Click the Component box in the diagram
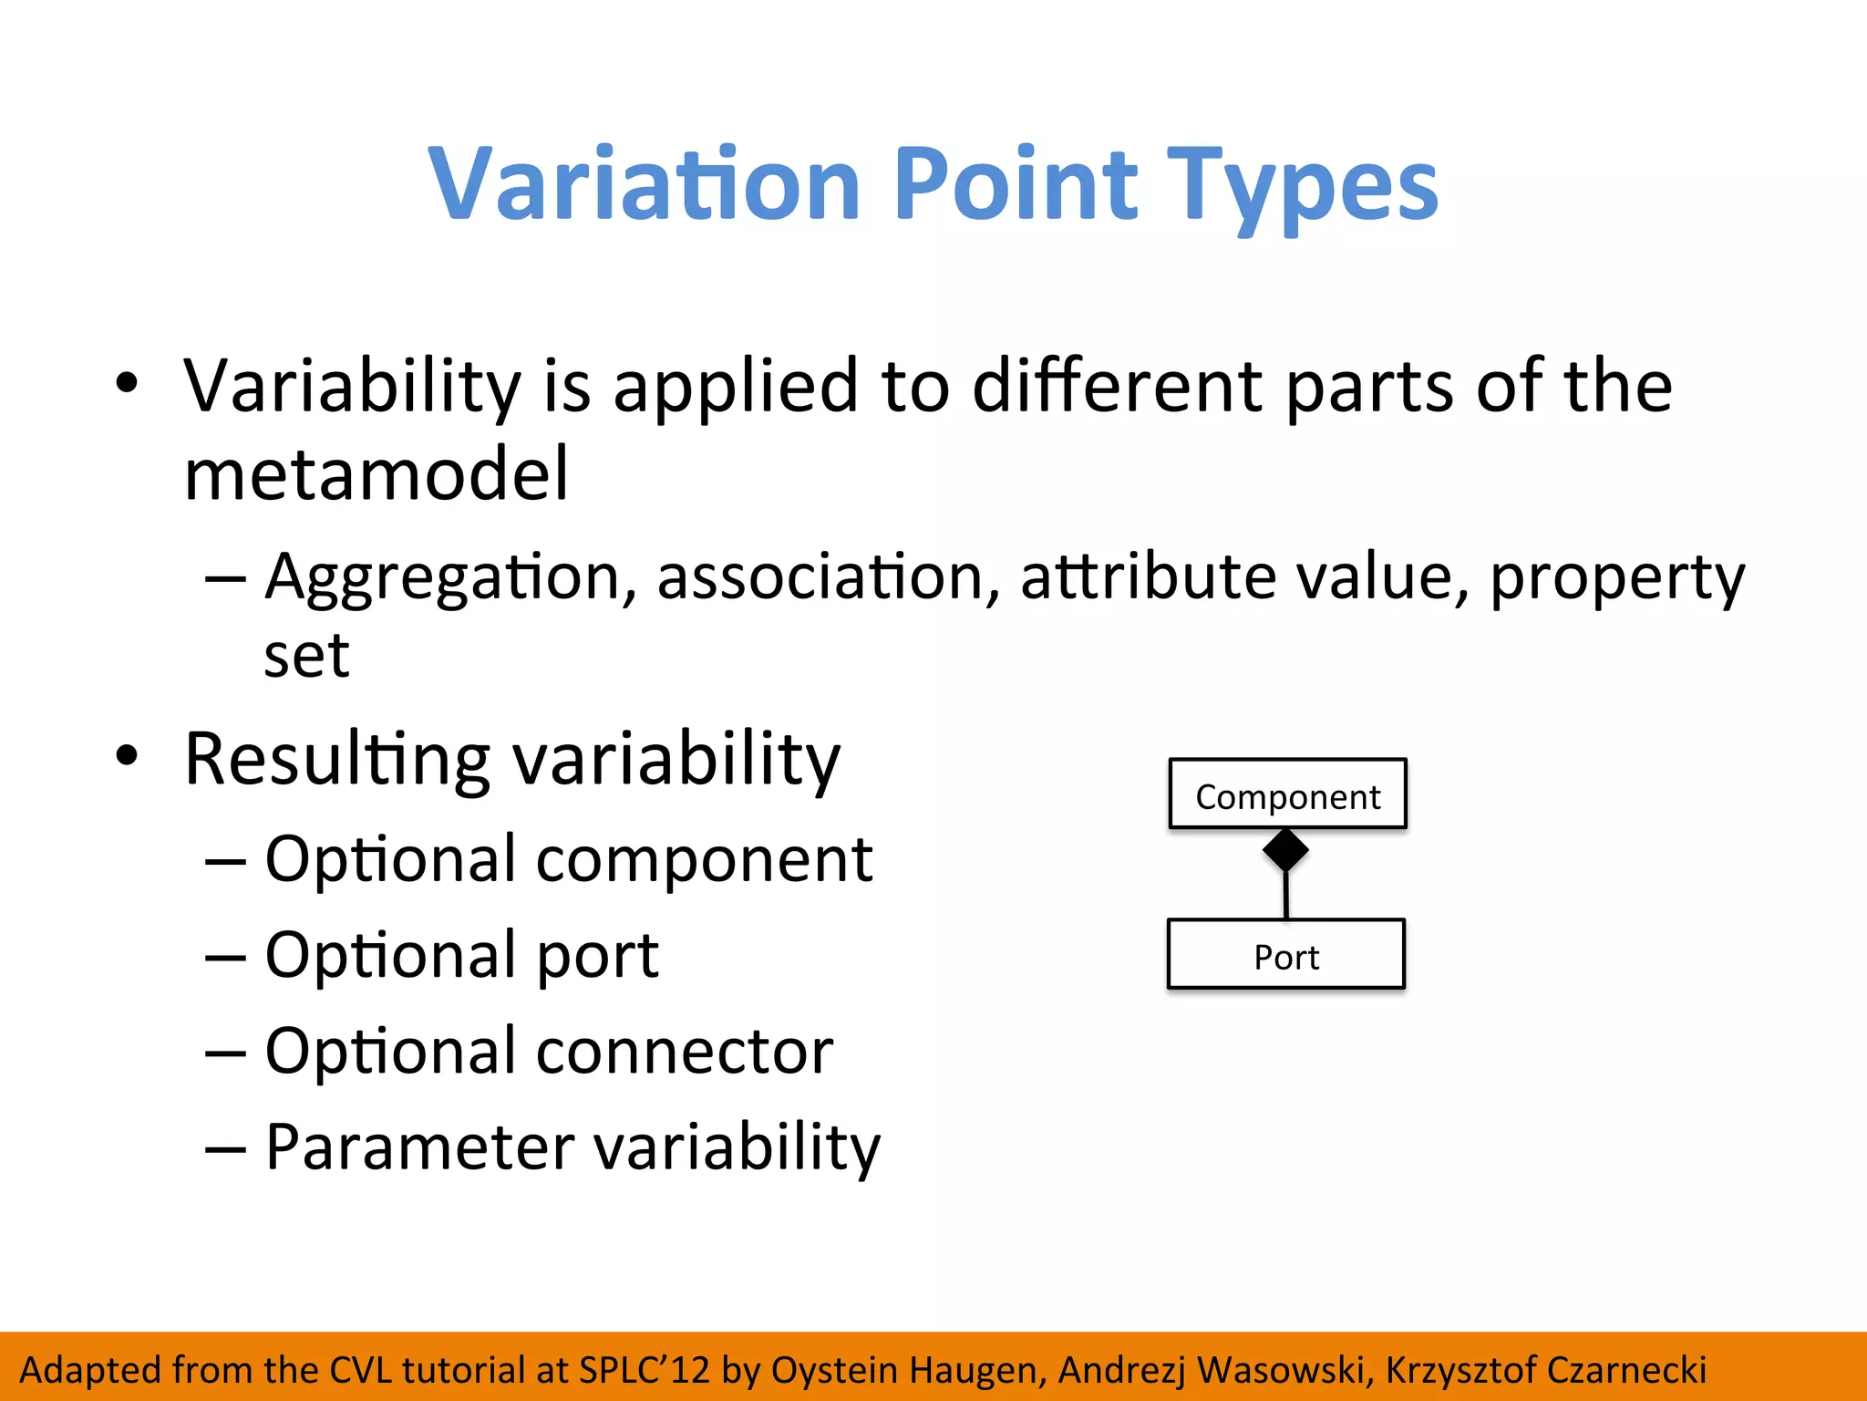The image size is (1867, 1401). point(1287,795)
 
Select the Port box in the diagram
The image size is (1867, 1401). point(1285,956)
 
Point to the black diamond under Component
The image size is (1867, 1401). point(1285,850)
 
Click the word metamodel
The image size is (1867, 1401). point(376,474)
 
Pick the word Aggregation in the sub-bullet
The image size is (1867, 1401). point(443,578)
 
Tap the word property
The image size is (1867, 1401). point(1616,578)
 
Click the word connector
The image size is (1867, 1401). point(684,1051)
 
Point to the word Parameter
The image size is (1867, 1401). point(419,1147)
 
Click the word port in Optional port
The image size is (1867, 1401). point(597,956)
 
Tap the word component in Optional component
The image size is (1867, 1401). point(704,859)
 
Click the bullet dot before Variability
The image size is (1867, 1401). point(127,383)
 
